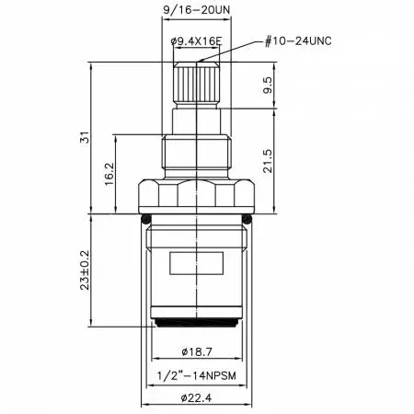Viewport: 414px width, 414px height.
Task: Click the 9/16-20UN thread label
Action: (x=196, y=10)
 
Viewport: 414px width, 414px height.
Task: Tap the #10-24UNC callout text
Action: (x=298, y=41)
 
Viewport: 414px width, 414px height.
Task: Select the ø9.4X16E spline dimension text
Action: (x=196, y=40)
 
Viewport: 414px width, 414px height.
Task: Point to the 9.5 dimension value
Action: (x=267, y=85)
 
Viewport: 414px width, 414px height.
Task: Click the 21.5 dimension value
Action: (x=267, y=161)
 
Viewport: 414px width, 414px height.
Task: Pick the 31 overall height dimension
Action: (x=85, y=137)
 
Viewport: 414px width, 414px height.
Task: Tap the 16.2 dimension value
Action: (x=109, y=174)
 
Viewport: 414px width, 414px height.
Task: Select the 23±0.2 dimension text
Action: (x=85, y=270)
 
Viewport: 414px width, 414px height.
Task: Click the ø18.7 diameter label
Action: (x=197, y=351)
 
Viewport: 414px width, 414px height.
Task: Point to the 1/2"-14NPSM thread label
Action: (x=197, y=375)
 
